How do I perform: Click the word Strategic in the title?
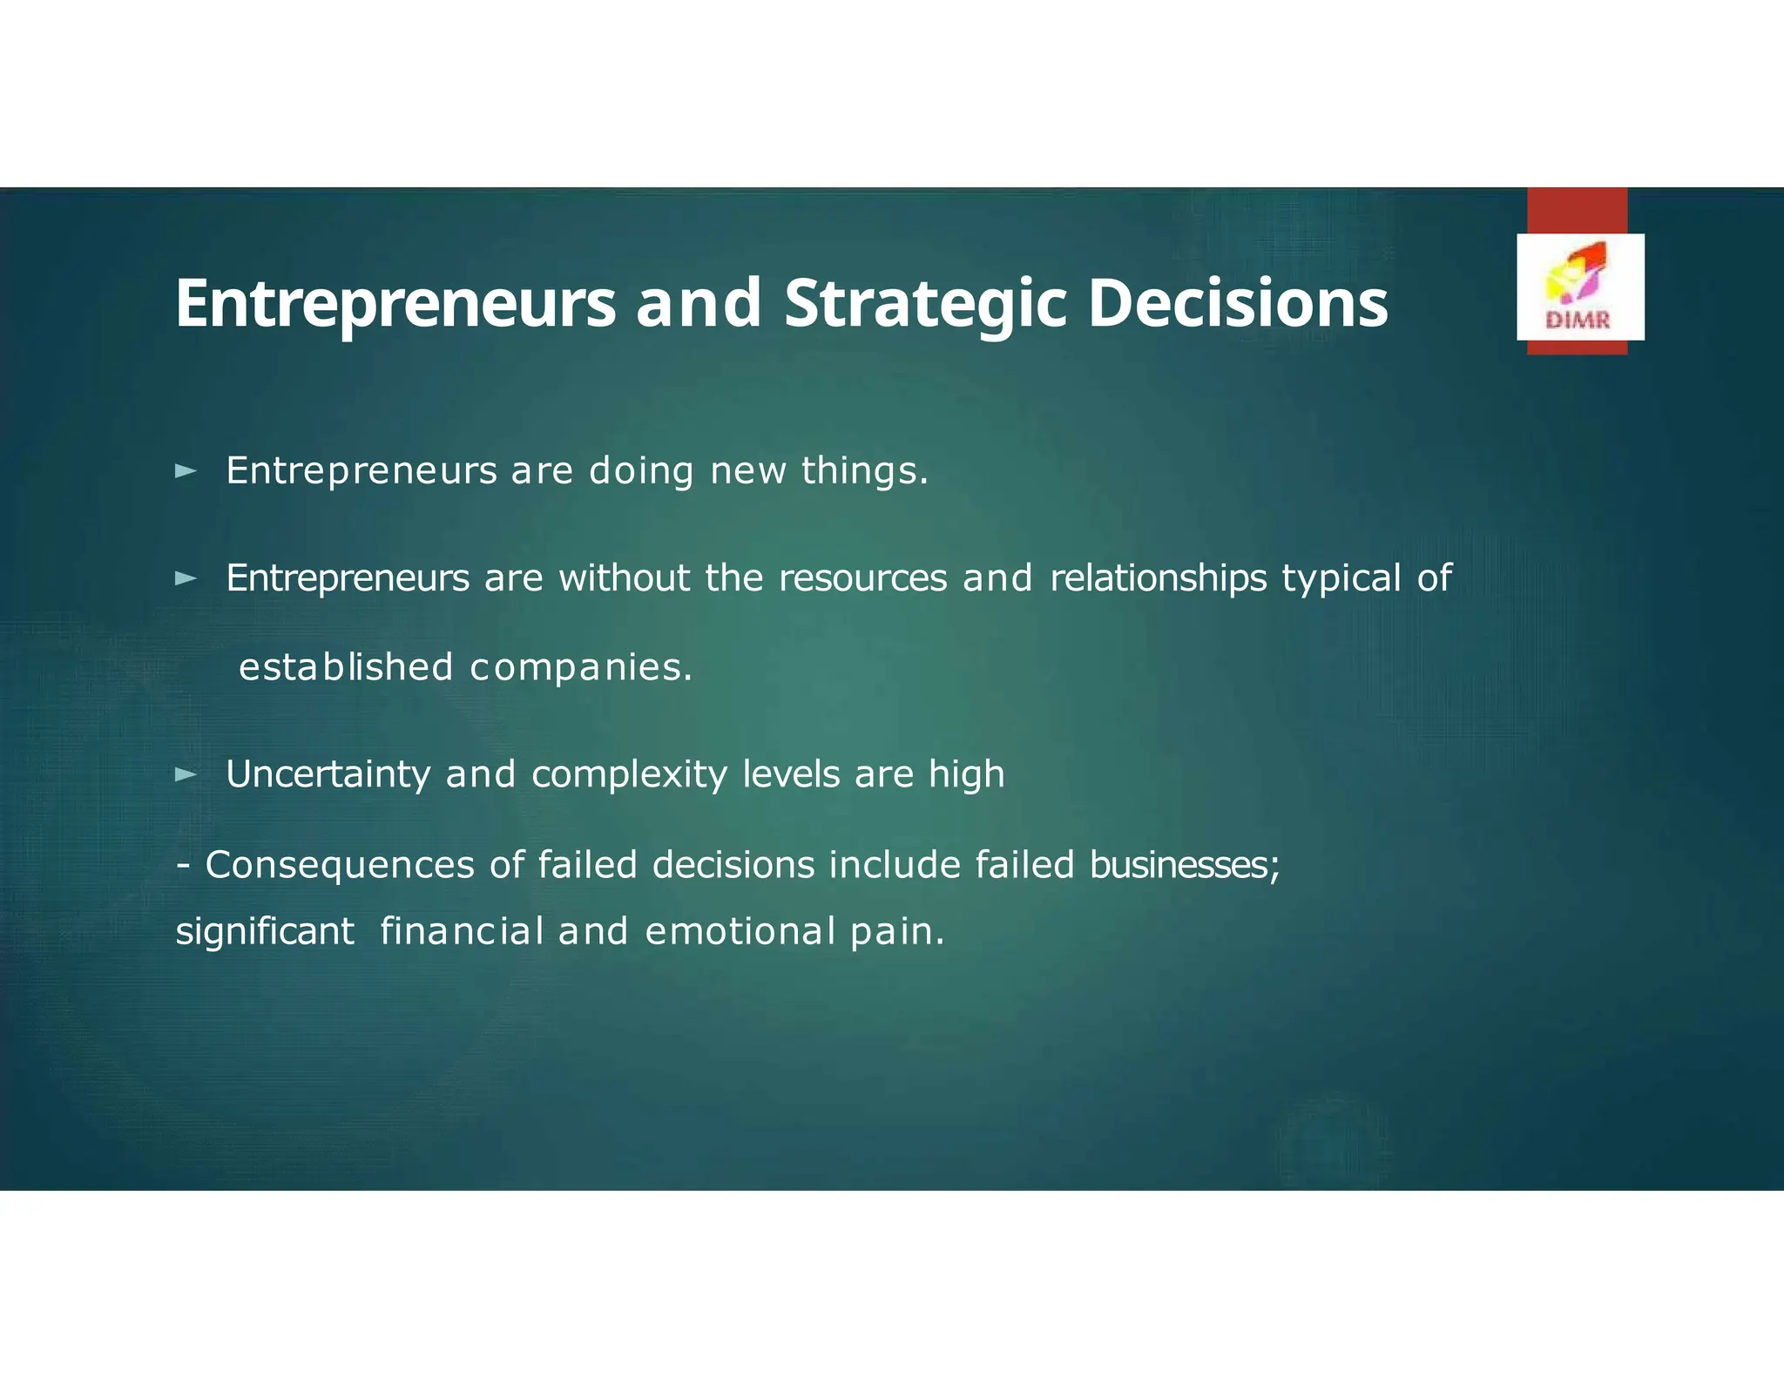click(924, 304)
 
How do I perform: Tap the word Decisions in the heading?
click(1237, 304)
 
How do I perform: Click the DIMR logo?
click(1579, 287)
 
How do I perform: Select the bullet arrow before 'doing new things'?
click(186, 472)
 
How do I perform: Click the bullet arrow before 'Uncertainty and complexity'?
click(186, 774)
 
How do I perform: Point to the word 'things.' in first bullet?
click(864, 471)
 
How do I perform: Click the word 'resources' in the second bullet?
click(862, 578)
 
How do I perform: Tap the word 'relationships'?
click(1158, 578)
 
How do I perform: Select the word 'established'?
click(346, 667)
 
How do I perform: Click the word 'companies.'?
click(581, 668)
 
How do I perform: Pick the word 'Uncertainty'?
click(328, 774)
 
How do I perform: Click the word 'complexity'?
click(629, 774)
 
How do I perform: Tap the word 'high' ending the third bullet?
click(966, 774)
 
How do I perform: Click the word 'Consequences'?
click(340, 865)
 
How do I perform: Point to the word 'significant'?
click(265, 931)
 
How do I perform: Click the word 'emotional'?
click(740, 931)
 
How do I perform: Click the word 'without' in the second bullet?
click(624, 578)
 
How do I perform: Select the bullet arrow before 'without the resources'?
click(186, 578)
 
